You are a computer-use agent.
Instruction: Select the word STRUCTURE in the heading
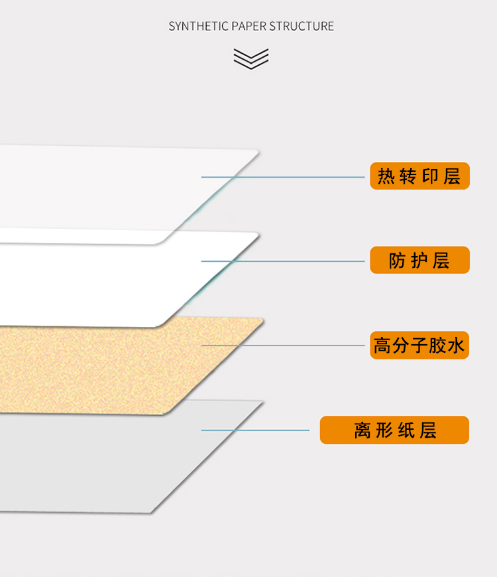pyautogui.click(x=302, y=27)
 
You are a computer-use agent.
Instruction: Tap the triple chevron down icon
pyautogui.click(x=251, y=59)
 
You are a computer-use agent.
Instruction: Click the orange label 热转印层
pyautogui.click(x=420, y=176)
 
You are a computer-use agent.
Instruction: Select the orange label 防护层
pyautogui.click(x=420, y=260)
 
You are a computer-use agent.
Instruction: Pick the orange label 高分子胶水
pyautogui.click(x=419, y=345)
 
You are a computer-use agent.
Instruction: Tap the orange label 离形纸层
pyautogui.click(x=394, y=430)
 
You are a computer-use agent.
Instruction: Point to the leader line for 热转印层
pyautogui.click(x=283, y=177)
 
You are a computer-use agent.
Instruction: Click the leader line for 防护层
pyautogui.click(x=283, y=261)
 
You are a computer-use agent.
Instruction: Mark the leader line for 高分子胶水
pyautogui.click(x=283, y=346)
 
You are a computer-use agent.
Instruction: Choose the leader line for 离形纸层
pyautogui.click(x=255, y=430)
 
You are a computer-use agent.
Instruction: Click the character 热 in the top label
pyautogui.click(x=386, y=176)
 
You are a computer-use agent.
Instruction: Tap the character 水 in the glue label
pyautogui.click(x=456, y=346)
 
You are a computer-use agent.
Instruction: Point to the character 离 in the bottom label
pyautogui.click(x=362, y=430)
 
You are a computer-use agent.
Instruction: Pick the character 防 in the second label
pyautogui.click(x=398, y=261)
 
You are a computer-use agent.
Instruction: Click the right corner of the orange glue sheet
pyautogui.click(x=263, y=320)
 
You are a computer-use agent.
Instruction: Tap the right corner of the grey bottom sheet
pyautogui.click(x=263, y=402)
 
